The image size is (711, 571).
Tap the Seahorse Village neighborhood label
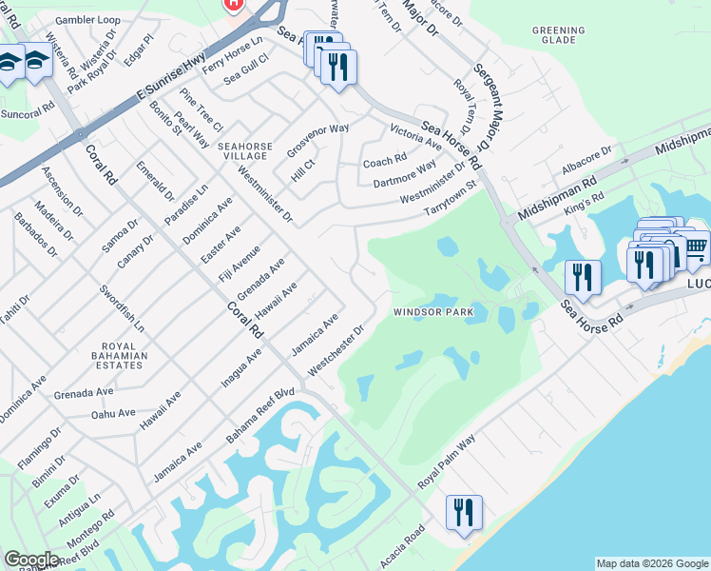coord(244,151)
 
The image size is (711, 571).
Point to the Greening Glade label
coord(559,35)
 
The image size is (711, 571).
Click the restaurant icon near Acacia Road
coord(464,512)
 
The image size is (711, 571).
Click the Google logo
coord(31,560)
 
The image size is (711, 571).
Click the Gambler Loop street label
coord(87,19)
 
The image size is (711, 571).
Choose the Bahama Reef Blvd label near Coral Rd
coord(260,414)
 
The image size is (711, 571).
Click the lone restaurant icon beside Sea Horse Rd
coord(581,277)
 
